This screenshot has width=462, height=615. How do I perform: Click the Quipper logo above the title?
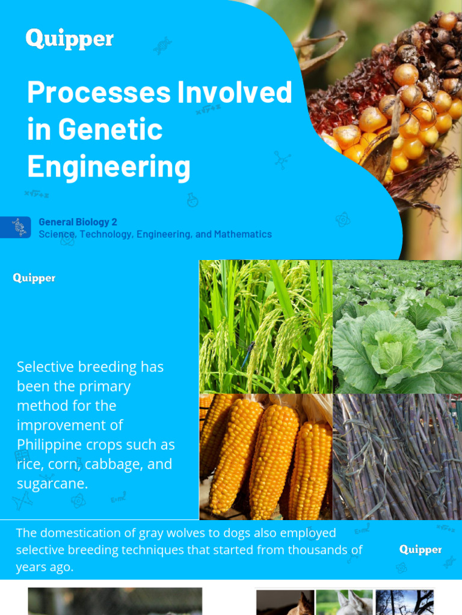tap(69, 39)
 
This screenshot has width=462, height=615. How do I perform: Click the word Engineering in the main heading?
tap(108, 166)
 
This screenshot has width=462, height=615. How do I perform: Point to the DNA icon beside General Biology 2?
tap(19, 227)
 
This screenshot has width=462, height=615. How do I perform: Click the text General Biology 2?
tap(78, 222)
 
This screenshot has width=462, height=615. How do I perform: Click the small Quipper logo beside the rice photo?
tap(34, 278)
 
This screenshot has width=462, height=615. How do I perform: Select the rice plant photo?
tap(265, 326)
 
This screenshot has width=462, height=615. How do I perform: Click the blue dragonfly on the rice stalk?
tap(248, 355)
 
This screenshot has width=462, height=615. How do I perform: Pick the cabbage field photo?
tap(397, 326)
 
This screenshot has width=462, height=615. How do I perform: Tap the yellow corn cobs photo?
tap(265, 456)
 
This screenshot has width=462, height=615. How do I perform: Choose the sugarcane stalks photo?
tap(397, 456)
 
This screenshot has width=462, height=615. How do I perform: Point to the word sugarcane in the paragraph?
tap(52, 484)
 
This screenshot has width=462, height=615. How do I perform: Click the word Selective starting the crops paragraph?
tap(46, 367)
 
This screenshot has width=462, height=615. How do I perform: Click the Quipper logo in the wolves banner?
tap(420, 550)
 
